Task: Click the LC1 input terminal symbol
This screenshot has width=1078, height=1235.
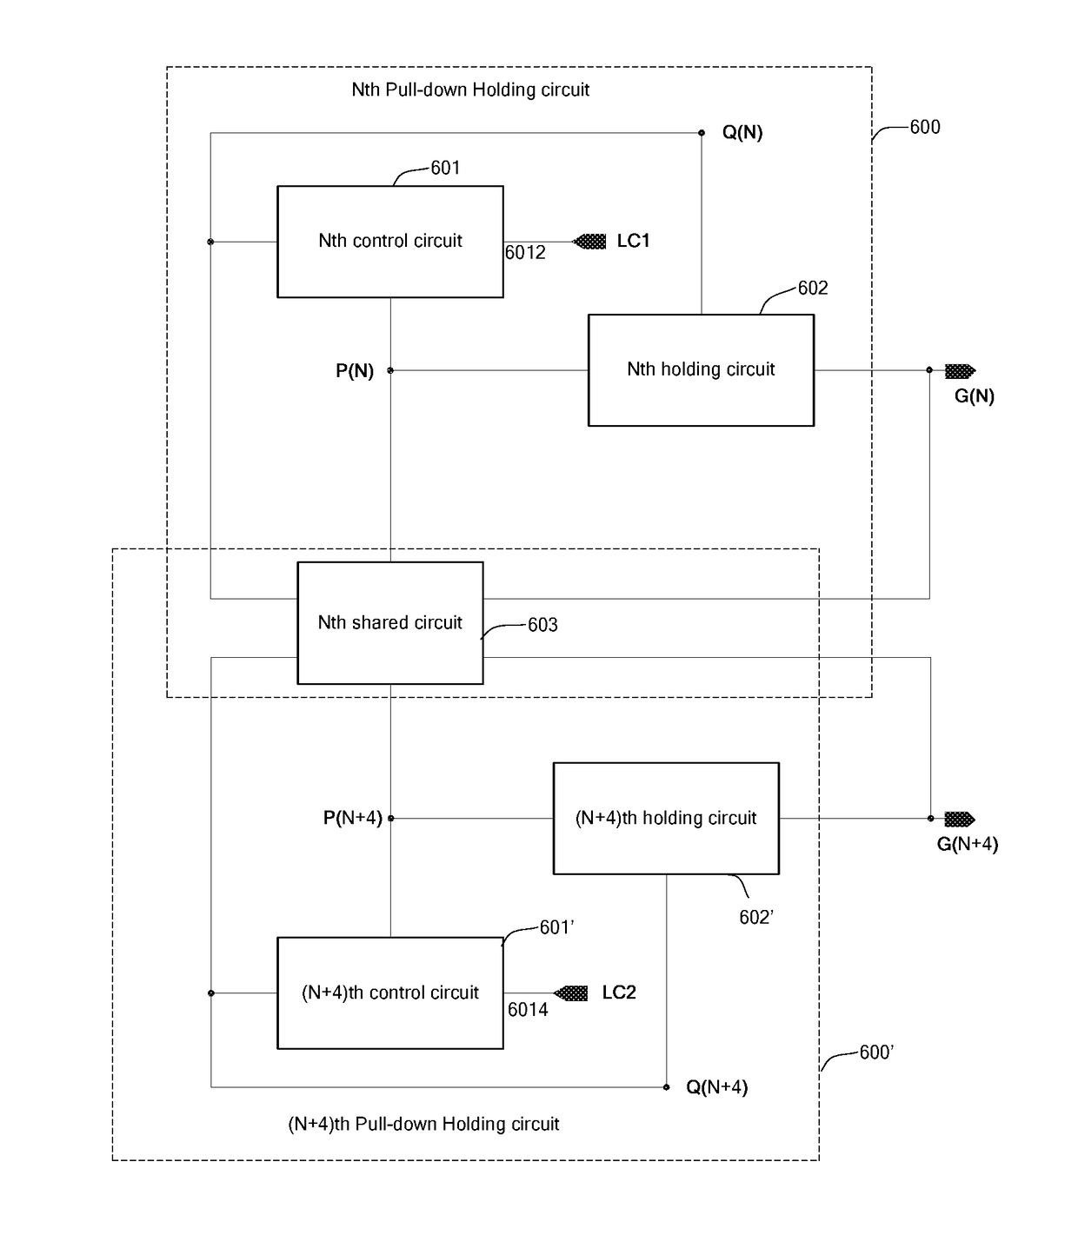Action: [589, 242]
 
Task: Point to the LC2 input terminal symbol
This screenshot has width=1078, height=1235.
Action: [570, 993]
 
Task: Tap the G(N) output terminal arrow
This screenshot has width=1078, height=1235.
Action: [961, 370]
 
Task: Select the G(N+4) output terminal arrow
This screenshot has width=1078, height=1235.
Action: [960, 819]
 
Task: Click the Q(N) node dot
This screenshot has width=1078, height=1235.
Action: [702, 133]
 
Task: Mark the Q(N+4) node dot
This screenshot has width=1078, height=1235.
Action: [666, 1087]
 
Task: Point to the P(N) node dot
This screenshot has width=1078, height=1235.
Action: [390, 370]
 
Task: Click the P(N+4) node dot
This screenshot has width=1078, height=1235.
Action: [391, 819]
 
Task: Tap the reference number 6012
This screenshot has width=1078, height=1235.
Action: [525, 252]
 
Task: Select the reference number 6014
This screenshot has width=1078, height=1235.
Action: [528, 1010]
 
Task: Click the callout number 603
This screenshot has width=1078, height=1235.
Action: [542, 625]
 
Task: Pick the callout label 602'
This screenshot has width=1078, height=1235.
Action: [756, 918]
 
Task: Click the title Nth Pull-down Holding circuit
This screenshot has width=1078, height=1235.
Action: [470, 90]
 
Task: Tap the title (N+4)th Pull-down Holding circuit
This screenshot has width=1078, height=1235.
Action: [423, 1124]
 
